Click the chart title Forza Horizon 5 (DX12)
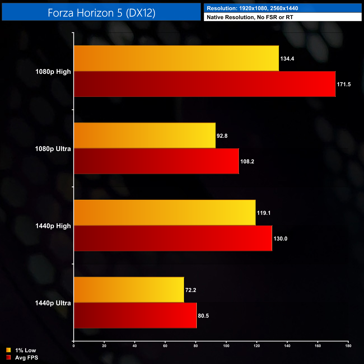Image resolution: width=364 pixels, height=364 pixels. (x=101, y=13)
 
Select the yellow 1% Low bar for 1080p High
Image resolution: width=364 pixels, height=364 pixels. (x=176, y=58)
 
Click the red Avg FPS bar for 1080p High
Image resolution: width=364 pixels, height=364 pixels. (x=204, y=84)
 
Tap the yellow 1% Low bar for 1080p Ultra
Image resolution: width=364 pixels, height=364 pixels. (x=144, y=136)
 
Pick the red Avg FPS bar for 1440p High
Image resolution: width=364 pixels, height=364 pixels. (x=173, y=238)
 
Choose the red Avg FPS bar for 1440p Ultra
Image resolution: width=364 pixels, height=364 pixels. (x=135, y=315)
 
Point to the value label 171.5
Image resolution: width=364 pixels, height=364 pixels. (x=344, y=84)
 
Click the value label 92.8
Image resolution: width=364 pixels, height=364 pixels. (x=222, y=136)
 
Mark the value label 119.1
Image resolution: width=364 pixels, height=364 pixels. (x=264, y=213)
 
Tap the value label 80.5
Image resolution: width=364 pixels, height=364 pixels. (x=203, y=316)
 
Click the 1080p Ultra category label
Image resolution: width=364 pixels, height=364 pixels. (x=53, y=149)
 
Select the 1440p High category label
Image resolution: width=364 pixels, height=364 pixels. (x=53, y=226)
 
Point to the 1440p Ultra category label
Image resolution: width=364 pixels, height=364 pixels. (x=53, y=303)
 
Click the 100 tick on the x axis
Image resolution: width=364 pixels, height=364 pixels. (x=226, y=346)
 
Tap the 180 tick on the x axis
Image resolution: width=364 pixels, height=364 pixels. (x=348, y=346)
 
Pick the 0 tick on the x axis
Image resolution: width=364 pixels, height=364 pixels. (x=74, y=346)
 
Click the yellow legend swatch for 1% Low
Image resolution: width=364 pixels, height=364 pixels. (x=8, y=350)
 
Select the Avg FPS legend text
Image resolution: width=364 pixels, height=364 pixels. (x=27, y=358)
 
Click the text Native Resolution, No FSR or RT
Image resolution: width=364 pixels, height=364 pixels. (x=250, y=17)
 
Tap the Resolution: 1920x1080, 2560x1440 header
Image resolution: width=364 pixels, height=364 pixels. (x=252, y=8)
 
